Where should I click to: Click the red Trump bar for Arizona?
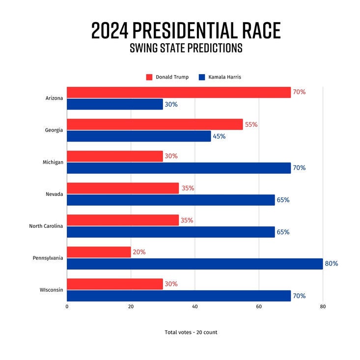click(x=179, y=92)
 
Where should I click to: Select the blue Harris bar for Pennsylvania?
click(x=194, y=264)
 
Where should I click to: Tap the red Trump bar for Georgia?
click(x=155, y=124)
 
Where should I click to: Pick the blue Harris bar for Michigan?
click(x=179, y=168)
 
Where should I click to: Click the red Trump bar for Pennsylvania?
click(x=99, y=252)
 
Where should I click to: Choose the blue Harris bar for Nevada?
click(x=171, y=200)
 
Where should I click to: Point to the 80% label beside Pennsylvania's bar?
click(x=332, y=264)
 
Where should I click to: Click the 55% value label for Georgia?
click(x=251, y=125)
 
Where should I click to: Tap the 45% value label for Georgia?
click(x=219, y=136)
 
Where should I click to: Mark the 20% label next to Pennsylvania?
click(x=139, y=252)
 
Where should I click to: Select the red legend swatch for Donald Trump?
click(x=149, y=77)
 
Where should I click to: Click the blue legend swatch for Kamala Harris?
click(x=202, y=77)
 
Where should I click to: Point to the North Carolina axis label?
click(x=45, y=226)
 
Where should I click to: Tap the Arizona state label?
click(x=54, y=98)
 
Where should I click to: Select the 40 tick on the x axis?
click(x=195, y=306)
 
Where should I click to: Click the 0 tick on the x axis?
click(x=67, y=306)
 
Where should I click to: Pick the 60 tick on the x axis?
click(x=259, y=306)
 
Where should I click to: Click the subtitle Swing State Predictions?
click(x=186, y=49)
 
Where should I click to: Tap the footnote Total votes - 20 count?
click(x=191, y=332)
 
